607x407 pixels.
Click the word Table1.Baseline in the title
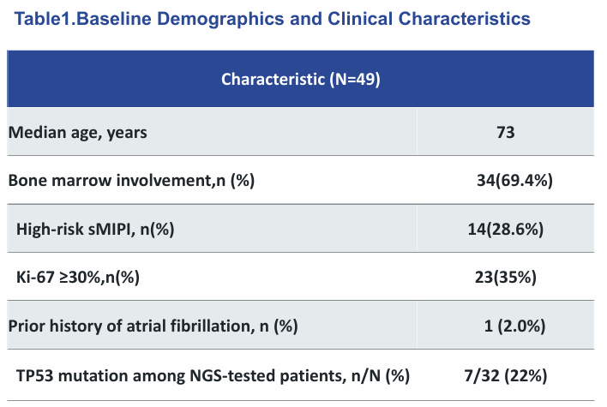click(x=82, y=19)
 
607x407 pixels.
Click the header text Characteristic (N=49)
click(x=301, y=80)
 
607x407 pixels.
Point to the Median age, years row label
click(x=77, y=133)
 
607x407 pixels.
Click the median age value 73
click(x=506, y=132)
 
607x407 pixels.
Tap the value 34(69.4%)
click(x=514, y=181)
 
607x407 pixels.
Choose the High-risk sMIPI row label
click(x=95, y=230)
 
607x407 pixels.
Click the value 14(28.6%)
click(x=506, y=230)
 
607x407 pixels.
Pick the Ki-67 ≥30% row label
click(x=78, y=278)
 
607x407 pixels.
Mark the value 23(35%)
click(x=506, y=278)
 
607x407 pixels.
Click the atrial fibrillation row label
click(x=153, y=326)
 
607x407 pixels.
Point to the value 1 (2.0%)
click(x=514, y=326)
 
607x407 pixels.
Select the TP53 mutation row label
click(x=213, y=375)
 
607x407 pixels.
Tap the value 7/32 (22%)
click(x=506, y=375)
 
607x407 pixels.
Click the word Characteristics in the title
click(x=464, y=19)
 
